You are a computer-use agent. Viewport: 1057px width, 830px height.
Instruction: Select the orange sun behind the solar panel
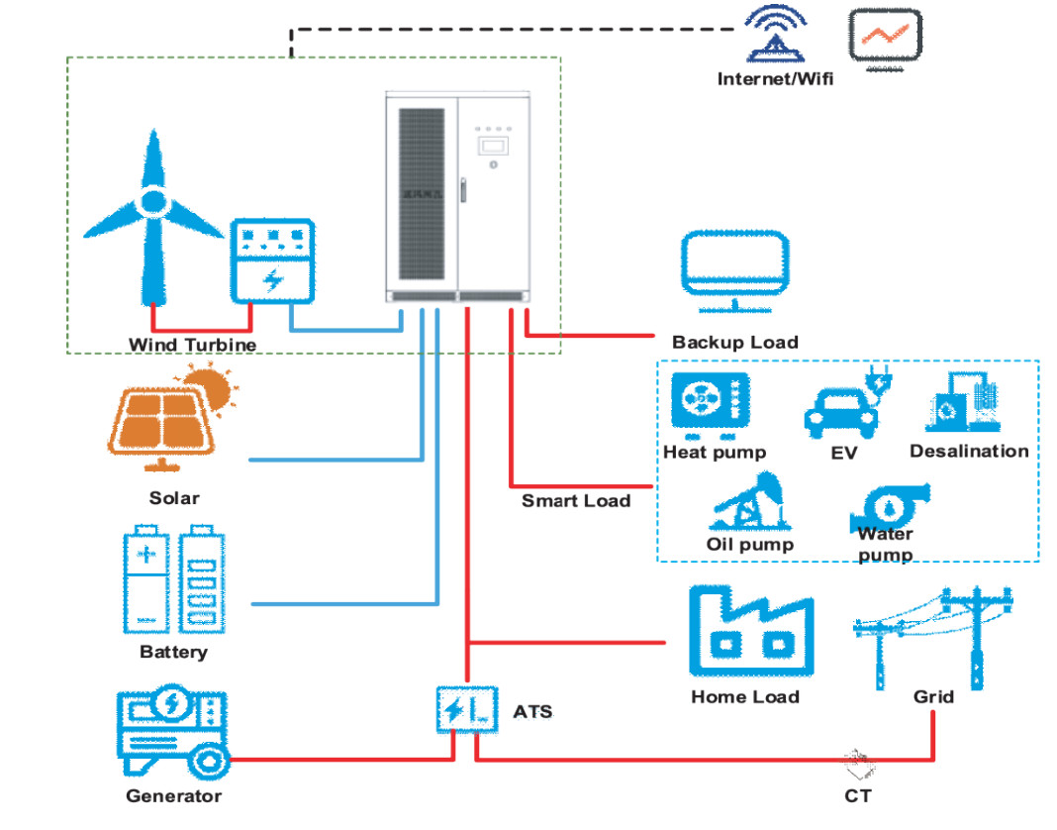tap(211, 386)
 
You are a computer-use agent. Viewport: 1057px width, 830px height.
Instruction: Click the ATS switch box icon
tap(464, 709)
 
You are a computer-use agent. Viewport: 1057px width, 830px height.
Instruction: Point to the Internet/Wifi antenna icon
tap(776, 34)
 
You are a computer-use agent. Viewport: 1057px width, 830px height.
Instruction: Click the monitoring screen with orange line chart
tap(885, 39)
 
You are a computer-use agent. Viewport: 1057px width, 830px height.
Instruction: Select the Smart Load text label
tap(576, 501)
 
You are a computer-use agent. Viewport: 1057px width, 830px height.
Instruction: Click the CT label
tap(858, 794)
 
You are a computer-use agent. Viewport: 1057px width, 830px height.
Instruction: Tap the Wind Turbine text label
tap(192, 345)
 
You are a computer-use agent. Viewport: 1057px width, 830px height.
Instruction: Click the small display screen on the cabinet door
tap(492, 145)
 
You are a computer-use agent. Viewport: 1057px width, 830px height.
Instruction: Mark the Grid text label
tap(933, 696)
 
